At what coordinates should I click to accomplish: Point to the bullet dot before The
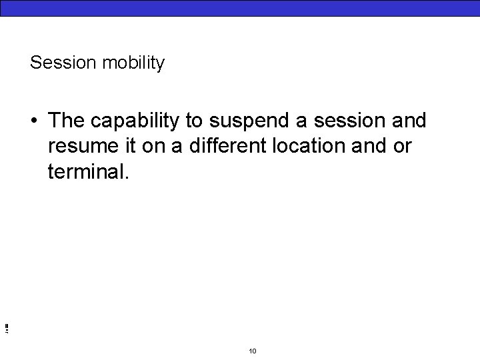33,121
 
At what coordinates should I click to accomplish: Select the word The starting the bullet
65,121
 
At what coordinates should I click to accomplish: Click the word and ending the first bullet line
409,121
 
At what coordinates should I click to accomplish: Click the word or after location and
403,147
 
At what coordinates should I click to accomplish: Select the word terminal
86,171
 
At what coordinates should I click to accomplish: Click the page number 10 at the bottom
252,351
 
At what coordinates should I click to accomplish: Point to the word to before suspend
193,121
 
